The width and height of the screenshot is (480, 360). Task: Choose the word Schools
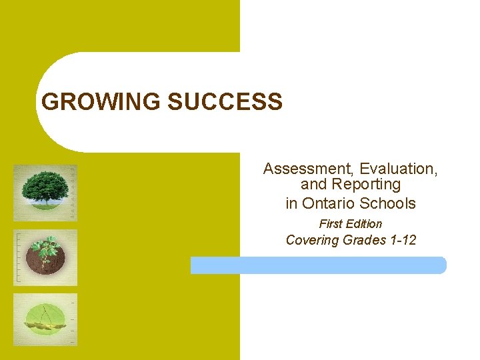coord(389,203)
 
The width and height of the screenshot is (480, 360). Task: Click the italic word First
coord(331,224)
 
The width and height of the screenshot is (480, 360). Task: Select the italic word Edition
coord(365,224)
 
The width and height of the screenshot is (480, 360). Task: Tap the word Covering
coord(312,240)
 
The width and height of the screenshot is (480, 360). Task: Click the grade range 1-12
coord(402,240)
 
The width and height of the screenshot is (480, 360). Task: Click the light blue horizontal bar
coord(318,265)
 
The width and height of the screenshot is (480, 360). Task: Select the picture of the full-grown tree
coord(45,193)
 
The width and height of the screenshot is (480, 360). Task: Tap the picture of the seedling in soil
coord(45,257)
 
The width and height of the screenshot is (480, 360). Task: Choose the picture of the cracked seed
coord(45,320)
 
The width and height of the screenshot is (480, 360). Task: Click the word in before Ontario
coord(291,203)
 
